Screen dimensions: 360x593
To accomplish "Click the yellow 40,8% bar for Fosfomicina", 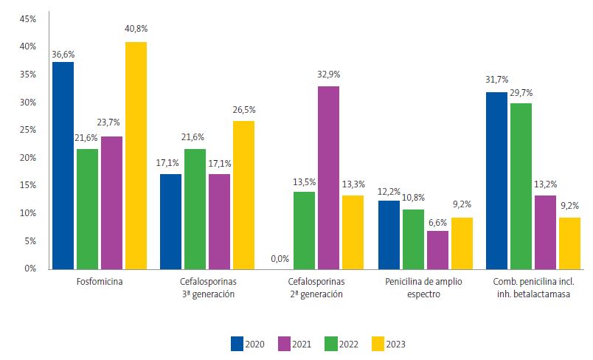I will (136, 155).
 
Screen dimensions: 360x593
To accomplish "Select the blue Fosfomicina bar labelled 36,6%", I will (63, 165).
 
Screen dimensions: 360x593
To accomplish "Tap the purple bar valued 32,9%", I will (328, 177).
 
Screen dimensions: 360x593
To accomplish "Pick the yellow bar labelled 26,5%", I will (243, 195).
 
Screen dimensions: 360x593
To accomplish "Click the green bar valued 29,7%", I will (521, 186).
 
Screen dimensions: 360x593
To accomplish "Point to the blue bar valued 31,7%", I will (496, 180).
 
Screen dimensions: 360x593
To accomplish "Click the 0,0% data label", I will (280, 258).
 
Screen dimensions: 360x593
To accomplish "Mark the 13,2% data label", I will (545, 186).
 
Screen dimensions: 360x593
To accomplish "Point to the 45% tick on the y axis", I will (27, 19).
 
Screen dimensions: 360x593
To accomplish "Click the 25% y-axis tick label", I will (27, 130).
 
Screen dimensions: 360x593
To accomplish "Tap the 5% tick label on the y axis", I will (29, 240).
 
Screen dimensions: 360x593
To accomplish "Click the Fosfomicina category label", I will (100, 283).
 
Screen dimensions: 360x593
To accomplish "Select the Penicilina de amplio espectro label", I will (423, 288).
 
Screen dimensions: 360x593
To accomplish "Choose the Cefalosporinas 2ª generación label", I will (315, 288).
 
